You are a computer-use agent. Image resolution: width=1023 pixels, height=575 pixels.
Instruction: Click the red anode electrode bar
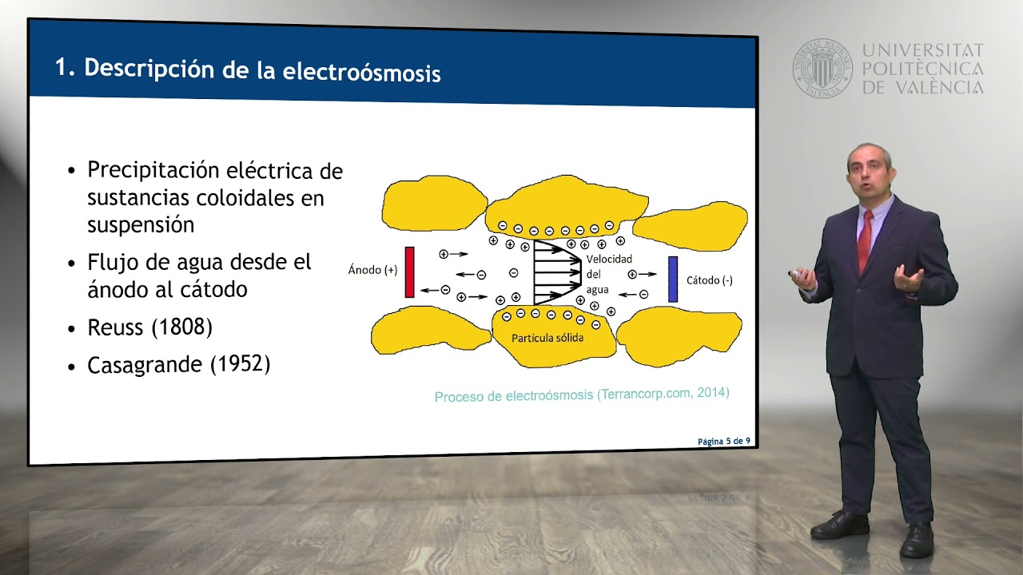pos(409,272)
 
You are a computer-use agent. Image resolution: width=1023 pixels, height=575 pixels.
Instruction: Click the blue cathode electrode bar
pos(673,280)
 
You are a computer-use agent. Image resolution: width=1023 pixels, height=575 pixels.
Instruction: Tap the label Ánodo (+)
pos(372,270)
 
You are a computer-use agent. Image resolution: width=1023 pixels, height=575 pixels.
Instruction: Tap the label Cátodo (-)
pos(709,280)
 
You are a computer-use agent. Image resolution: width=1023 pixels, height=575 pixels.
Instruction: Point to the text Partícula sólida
pos(547,338)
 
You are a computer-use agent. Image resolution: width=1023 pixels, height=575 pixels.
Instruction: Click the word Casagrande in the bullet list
pos(145,365)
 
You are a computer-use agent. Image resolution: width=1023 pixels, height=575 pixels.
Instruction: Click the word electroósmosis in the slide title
pos(362,73)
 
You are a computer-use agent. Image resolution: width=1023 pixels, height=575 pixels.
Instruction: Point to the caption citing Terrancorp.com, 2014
pos(582,395)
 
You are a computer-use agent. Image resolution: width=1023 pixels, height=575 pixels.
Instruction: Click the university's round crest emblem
pos(822,69)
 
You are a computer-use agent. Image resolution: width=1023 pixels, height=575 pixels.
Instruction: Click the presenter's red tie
pos(865,240)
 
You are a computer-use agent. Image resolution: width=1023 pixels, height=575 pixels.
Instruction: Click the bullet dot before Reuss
pos(72,329)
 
